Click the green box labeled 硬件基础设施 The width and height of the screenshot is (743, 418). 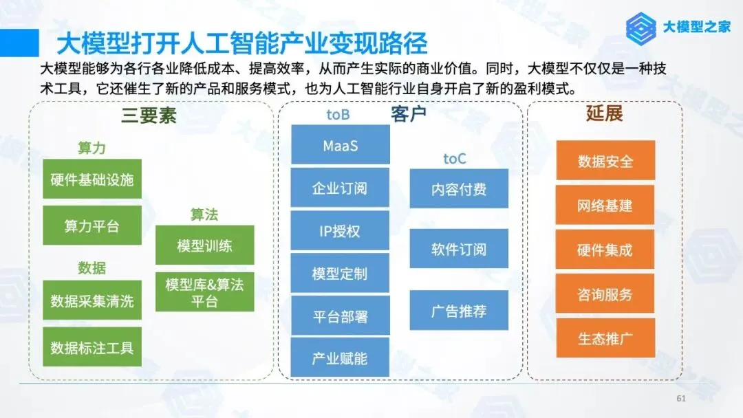click(x=92, y=179)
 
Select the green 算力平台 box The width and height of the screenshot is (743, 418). click(x=92, y=225)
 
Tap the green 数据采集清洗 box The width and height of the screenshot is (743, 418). click(x=92, y=300)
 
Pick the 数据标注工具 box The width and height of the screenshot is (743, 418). click(x=92, y=347)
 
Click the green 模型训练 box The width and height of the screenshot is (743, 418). click(x=204, y=245)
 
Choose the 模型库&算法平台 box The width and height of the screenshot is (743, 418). click(x=204, y=292)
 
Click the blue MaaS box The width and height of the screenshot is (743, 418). click(x=340, y=145)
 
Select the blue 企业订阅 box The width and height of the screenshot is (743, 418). click(x=340, y=188)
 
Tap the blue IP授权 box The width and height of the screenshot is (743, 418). click(x=340, y=231)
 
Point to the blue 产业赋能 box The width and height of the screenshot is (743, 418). click(x=340, y=357)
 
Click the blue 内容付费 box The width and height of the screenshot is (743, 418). click(x=459, y=189)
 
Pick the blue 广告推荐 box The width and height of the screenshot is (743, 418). click(x=459, y=311)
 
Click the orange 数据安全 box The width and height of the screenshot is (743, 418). click(x=605, y=161)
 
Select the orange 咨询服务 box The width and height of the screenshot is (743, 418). click(x=605, y=294)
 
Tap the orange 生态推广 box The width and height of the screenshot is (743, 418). click(x=605, y=338)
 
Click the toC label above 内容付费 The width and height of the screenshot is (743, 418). click(x=455, y=159)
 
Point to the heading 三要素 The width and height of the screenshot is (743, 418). click(x=149, y=115)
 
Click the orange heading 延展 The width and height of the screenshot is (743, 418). click(x=604, y=113)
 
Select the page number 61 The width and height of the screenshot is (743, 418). click(x=682, y=399)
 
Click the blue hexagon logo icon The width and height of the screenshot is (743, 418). click(x=642, y=27)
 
